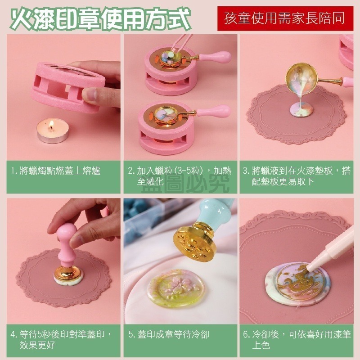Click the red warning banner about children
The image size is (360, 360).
coord(285,18)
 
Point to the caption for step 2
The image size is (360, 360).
coord(180,176)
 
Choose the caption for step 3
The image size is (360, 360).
coord(297,176)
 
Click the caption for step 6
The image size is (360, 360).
coord(297,340)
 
